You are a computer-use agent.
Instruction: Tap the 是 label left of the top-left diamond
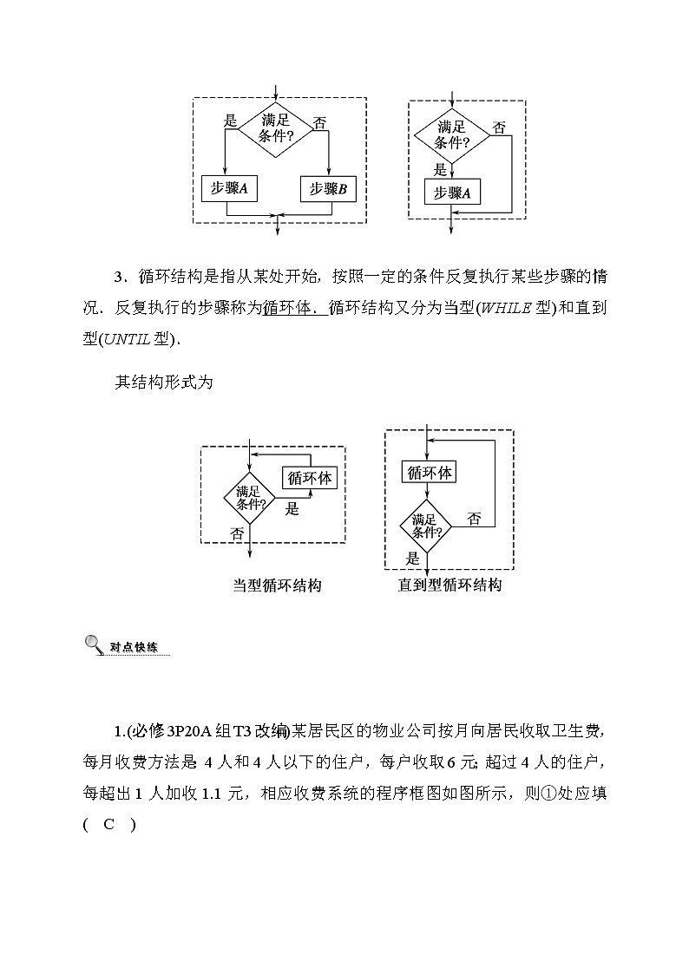point(230,121)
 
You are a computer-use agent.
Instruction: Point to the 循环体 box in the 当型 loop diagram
point(310,477)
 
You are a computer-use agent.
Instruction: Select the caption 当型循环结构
point(277,585)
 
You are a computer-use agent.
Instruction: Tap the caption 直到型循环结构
point(449,585)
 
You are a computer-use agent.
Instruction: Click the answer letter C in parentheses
point(108,825)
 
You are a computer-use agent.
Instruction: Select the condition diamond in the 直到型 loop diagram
point(426,526)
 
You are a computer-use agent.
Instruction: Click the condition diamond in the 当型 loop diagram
point(250,498)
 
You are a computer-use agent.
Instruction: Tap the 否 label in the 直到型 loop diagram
point(474,520)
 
